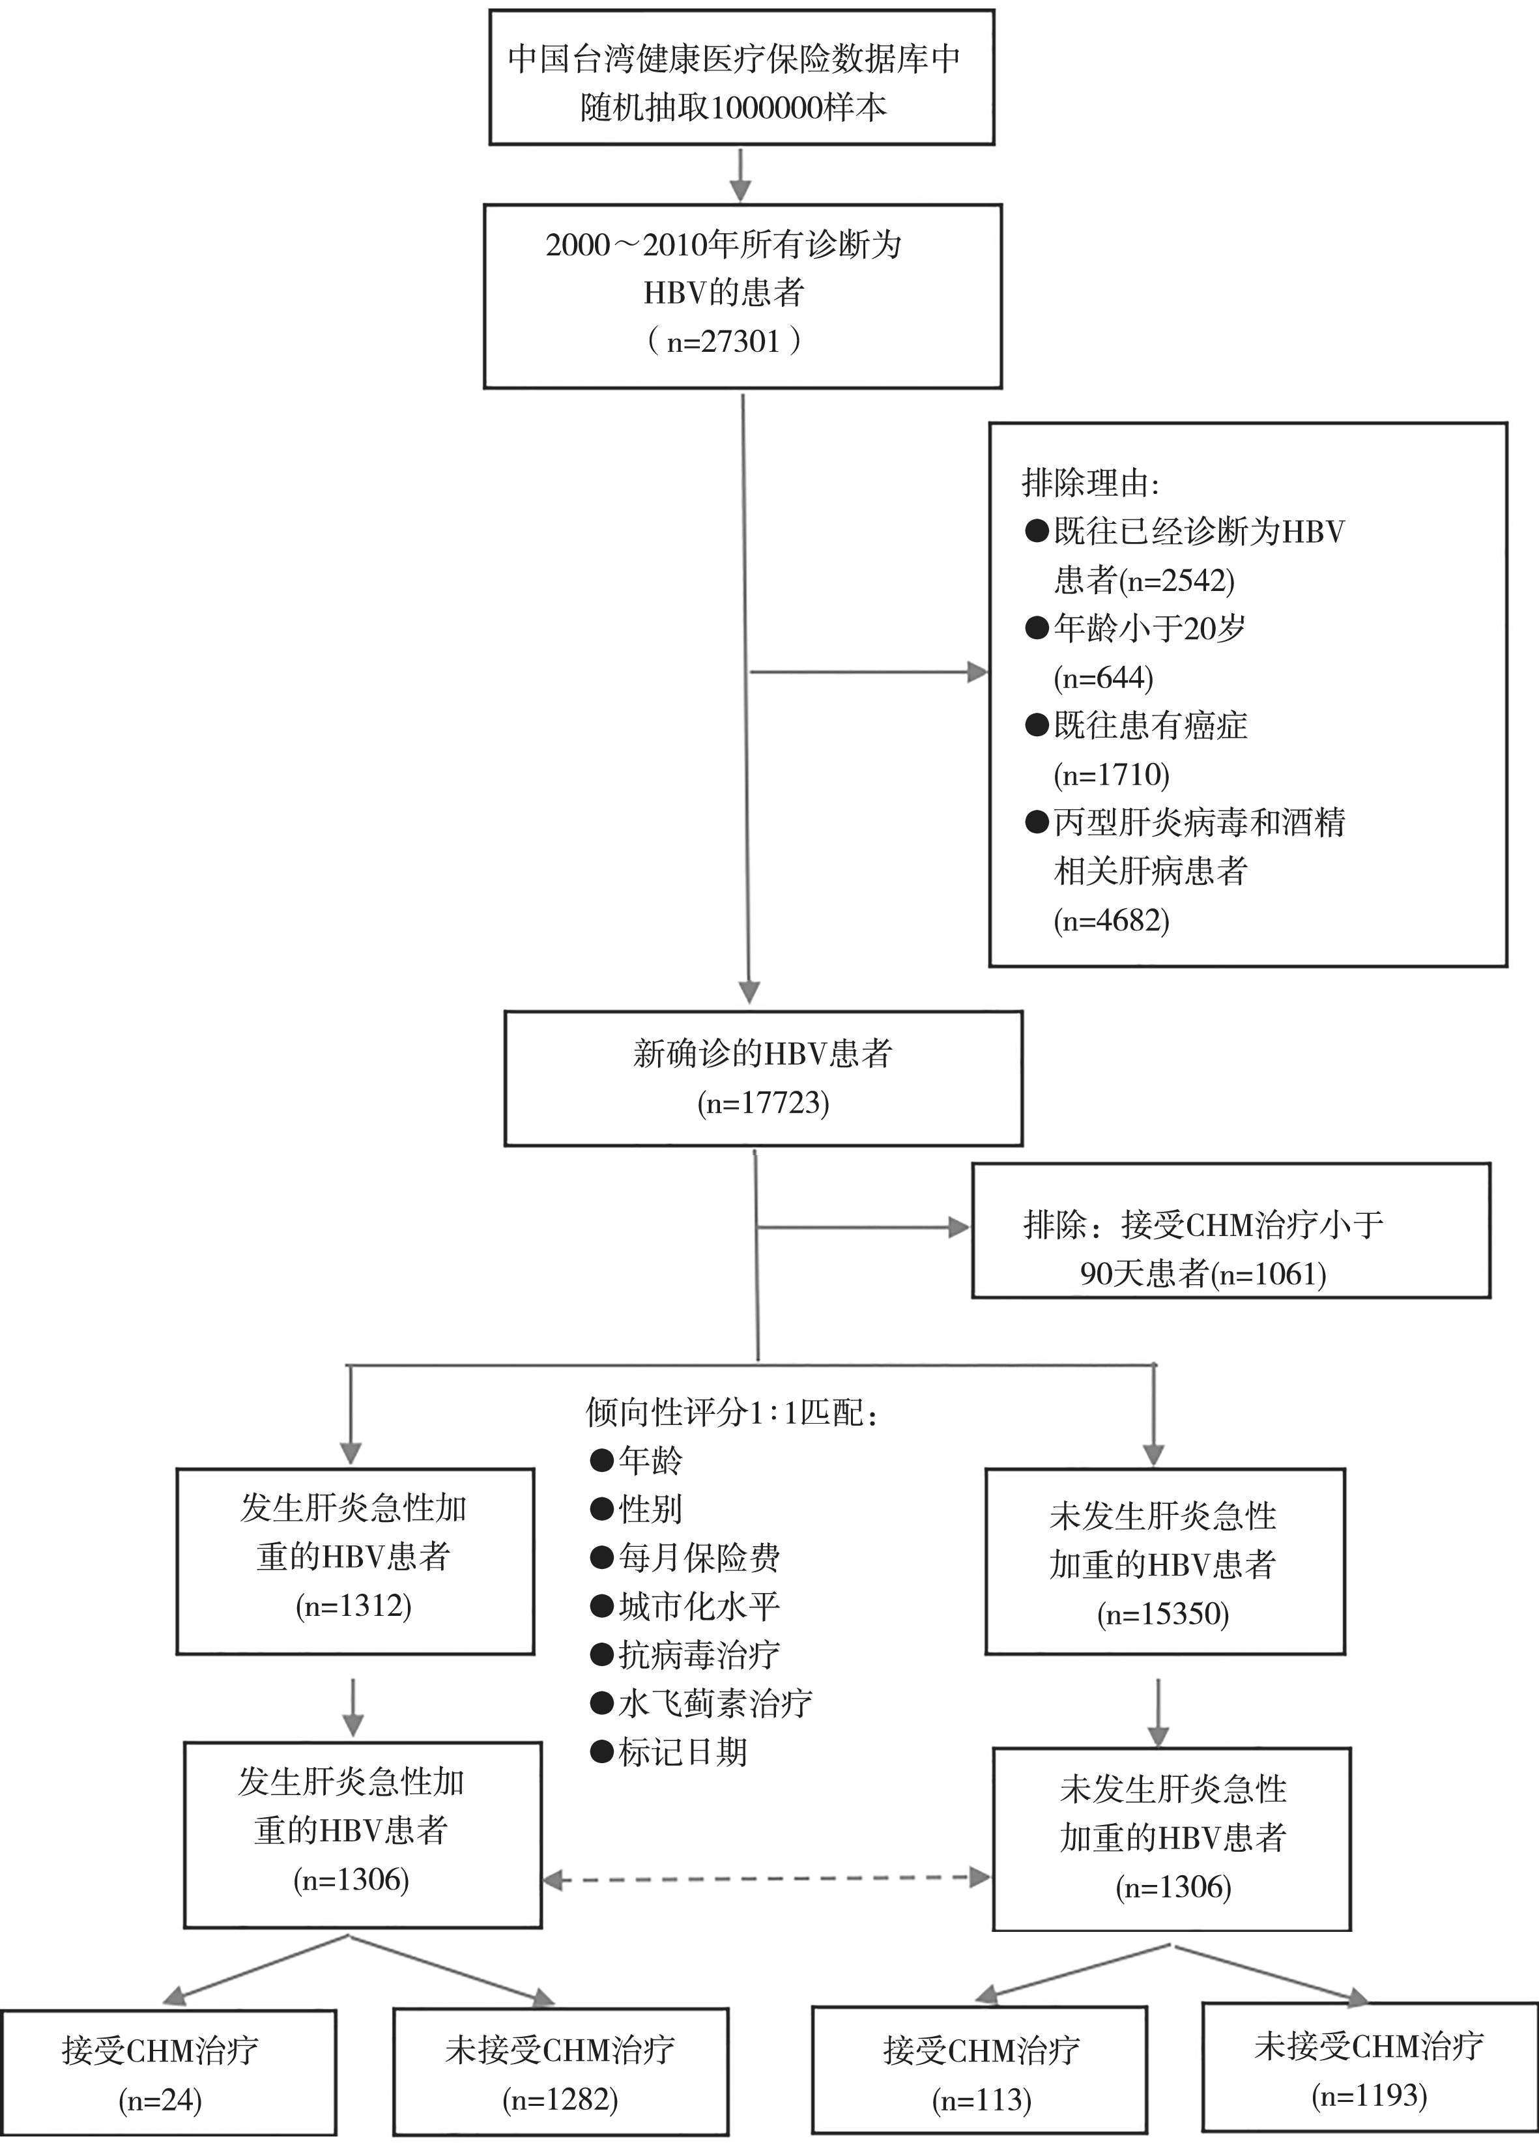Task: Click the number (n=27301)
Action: point(725,341)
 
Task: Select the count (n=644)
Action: point(1104,678)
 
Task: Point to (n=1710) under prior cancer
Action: point(1112,775)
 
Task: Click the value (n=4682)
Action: point(1112,920)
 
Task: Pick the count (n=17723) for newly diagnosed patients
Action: point(764,1102)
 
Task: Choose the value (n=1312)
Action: point(353,1606)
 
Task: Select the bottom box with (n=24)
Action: point(168,2074)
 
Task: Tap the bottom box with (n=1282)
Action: point(560,2074)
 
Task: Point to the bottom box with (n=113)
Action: point(980,2074)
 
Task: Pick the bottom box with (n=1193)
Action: point(1369,2069)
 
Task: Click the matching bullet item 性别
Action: point(650,1510)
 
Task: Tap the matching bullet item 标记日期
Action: point(682,1753)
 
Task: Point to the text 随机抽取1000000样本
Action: point(734,108)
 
